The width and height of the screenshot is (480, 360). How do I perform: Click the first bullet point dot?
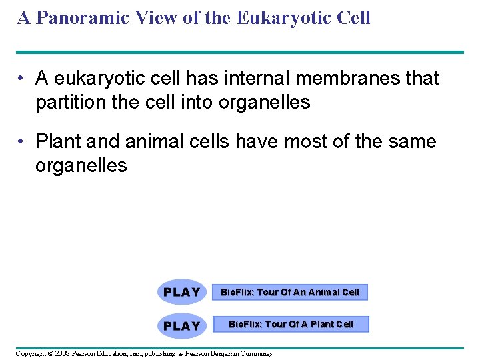pos(22,79)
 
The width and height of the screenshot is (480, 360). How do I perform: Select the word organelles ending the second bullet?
pos(81,165)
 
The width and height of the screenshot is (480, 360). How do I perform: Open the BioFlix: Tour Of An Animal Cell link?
pos(290,292)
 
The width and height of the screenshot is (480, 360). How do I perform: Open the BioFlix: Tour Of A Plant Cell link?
pos(291,325)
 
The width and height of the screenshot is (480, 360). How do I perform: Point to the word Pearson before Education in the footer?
pos(85,353)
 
